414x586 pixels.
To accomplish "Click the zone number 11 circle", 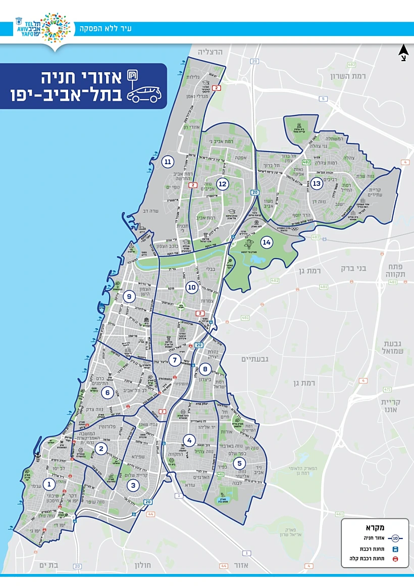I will (168, 162).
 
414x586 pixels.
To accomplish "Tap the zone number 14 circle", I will (267, 242).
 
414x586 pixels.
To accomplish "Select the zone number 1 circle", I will (49, 485).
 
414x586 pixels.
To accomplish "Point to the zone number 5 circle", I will (239, 463).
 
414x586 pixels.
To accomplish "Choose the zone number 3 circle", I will (133, 486).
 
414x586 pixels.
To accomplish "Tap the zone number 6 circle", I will (107, 392).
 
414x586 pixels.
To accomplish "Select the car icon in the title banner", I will (144, 94).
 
